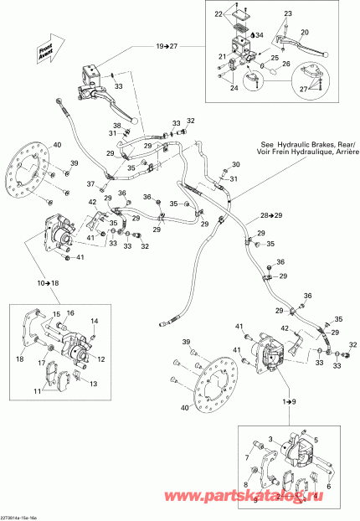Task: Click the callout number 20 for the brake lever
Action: point(304,32)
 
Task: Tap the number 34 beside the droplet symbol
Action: point(260,36)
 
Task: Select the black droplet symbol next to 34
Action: point(250,35)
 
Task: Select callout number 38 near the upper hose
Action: point(116,126)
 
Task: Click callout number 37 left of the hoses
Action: point(90,184)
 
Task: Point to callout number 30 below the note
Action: point(235,164)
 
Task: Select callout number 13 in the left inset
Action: point(93,384)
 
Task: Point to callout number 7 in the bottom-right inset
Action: point(247,457)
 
